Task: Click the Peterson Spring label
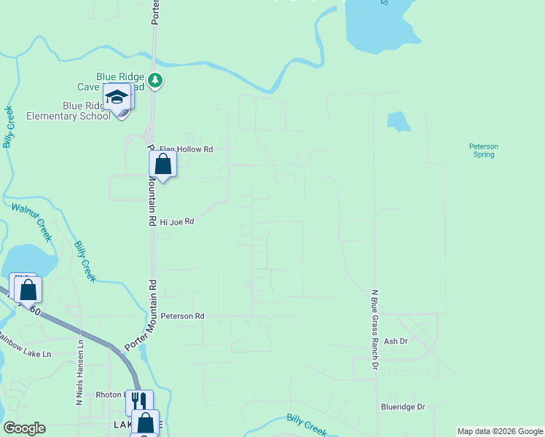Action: pyautogui.click(x=483, y=150)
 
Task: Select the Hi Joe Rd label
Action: pyautogui.click(x=177, y=221)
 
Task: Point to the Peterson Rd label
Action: pyautogui.click(x=183, y=316)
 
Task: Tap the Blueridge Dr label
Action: pyautogui.click(x=402, y=407)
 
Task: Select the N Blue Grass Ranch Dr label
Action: pyautogui.click(x=375, y=329)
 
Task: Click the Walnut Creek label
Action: pyautogui.click(x=32, y=221)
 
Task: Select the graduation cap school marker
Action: pyautogui.click(x=117, y=97)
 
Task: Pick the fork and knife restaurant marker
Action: pyautogui.click(x=140, y=401)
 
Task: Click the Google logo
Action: pyautogui.click(x=24, y=428)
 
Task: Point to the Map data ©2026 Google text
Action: pyautogui.click(x=500, y=431)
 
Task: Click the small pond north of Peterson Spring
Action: pyautogui.click(x=397, y=121)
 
